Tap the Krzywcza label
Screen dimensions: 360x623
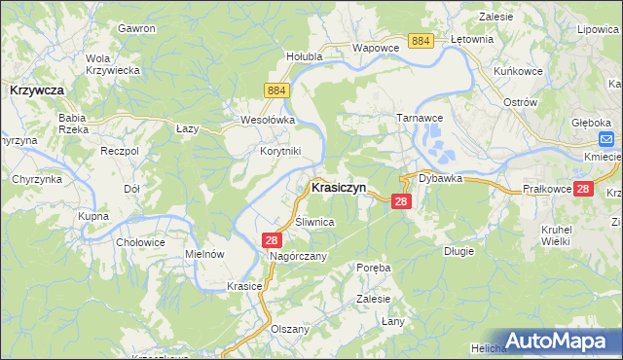36,90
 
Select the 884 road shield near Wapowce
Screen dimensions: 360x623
421,40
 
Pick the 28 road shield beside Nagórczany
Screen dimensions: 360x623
272,239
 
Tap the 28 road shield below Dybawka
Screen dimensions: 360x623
401,201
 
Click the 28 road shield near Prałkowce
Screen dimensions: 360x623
582,189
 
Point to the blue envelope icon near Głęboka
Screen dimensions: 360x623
605,139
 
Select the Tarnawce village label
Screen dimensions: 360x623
420,117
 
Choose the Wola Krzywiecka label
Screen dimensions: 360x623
113,63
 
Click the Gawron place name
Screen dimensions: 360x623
137,28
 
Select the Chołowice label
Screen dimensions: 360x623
135,241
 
